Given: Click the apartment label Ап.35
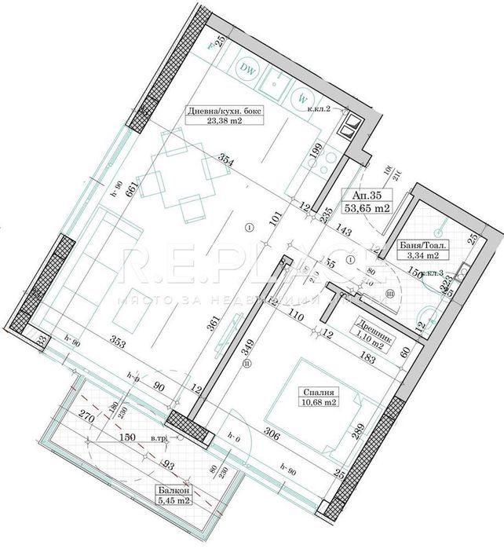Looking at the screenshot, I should click(x=367, y=199).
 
